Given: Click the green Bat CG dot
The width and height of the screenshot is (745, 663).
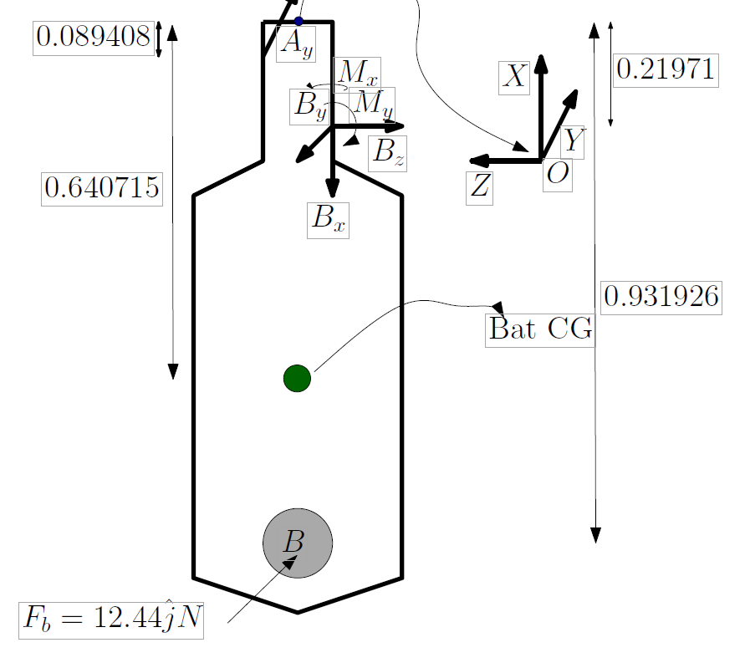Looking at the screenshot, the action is coord(297,379).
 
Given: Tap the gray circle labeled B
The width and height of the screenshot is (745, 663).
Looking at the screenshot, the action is coord(298,543).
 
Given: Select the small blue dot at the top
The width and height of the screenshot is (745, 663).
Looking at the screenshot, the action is coord(299,21).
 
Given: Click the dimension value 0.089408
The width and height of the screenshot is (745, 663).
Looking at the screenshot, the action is coord(94,38).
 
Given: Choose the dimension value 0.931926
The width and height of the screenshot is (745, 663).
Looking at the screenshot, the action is coord(661,298).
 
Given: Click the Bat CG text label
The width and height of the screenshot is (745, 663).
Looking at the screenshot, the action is coord(540,330).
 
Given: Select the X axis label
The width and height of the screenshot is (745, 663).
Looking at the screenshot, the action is coord(514,78).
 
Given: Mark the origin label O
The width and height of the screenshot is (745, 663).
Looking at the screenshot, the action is coord(558,175).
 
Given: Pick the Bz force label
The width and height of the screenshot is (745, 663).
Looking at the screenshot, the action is coord(388,153).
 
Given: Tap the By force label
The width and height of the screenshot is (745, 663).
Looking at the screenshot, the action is coord(309,106).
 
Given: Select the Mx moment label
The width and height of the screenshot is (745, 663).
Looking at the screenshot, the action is coord(357,74).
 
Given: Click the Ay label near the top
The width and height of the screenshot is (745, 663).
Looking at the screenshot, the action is coord(296,44).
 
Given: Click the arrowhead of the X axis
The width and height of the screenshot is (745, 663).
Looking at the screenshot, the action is coord(541,64).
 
